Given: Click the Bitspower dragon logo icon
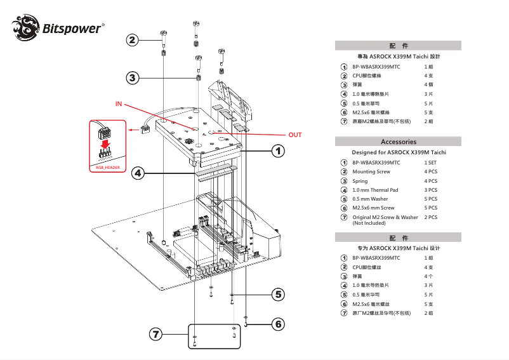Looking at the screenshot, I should pos(25,28).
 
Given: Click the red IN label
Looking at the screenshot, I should pos(119,103).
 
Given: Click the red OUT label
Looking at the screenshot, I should pos(295,135).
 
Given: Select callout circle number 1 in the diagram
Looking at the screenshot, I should pos(278,151).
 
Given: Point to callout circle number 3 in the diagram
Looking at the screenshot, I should pos(132,78).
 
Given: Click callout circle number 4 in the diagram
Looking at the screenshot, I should pos(139,172).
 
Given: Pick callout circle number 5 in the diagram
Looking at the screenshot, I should pos(278,294).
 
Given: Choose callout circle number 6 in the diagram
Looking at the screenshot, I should pos(278,324).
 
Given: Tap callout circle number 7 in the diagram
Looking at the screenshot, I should pos(156,334).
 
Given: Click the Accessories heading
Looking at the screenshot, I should pos(399,142).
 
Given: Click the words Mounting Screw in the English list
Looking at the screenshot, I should pos(371,172).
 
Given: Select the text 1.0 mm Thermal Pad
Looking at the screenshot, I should pos(375,190).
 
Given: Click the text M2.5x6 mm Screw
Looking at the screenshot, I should pos(373,208).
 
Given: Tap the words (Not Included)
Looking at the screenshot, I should pos(369,223).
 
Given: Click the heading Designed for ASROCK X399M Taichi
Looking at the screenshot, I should pos(399,152).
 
